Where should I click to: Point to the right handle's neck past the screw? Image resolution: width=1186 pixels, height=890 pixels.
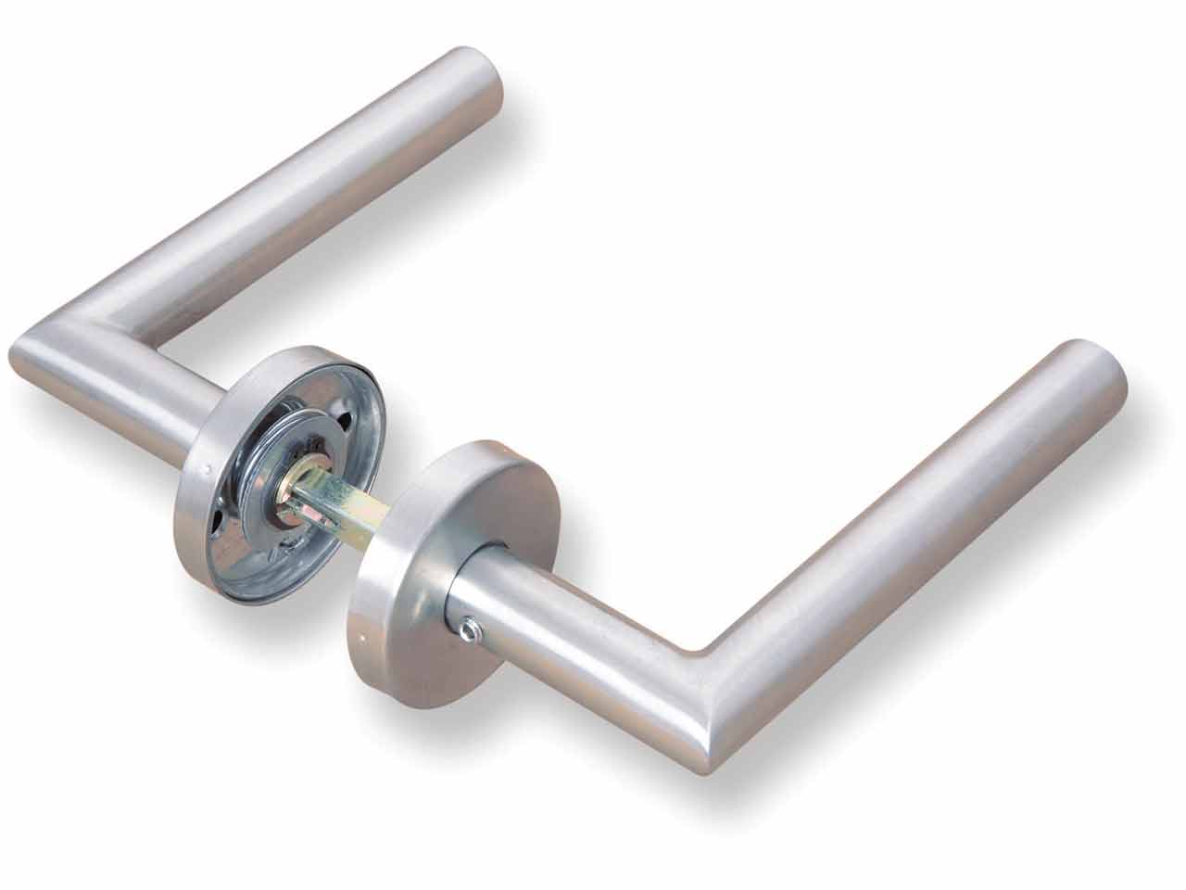tap(556, 612)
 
